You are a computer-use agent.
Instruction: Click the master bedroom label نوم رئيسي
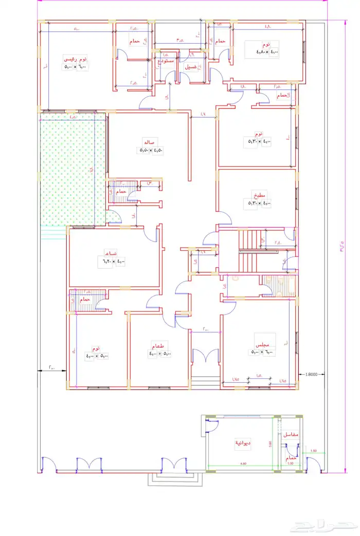pos(75,58)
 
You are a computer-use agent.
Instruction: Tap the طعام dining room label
pos(157,345)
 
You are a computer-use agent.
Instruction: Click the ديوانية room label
pos(243,442)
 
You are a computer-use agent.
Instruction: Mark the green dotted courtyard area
pos(72,170)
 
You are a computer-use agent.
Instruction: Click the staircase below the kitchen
pos(251,246)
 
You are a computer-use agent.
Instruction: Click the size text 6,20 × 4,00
pos(113,262)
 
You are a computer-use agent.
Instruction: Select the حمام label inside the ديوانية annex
pos(291,457)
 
